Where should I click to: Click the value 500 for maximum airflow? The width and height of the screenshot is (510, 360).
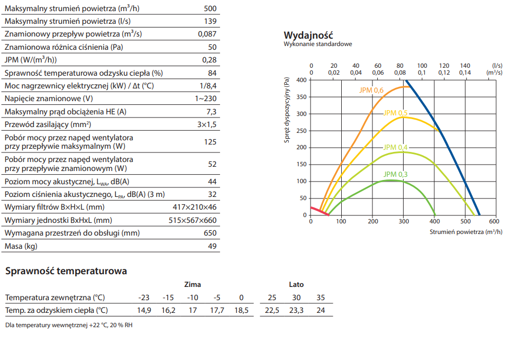point(210,8)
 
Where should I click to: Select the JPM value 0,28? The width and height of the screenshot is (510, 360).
point(210,60)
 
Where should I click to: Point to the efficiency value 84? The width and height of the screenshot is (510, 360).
point(212,73)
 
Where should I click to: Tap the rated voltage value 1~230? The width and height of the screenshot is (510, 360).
point(205,98)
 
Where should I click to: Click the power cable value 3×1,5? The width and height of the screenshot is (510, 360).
point(206,124)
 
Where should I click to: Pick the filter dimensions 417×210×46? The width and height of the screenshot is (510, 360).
point(195,207)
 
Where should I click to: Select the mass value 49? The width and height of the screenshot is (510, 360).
point(212,246)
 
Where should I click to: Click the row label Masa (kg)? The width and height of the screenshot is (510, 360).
point(21,246)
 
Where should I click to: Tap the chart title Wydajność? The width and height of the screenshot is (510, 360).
point(308,35)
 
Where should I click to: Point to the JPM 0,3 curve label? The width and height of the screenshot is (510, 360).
point(396,174)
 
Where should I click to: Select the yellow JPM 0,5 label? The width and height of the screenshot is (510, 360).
point(396,113)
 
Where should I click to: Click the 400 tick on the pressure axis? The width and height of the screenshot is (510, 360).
point(301,80)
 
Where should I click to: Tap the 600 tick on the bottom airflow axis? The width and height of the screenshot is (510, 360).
point(494,221)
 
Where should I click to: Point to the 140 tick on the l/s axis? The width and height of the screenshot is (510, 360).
point(465,65)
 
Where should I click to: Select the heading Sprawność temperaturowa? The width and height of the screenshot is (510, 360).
point(66,271)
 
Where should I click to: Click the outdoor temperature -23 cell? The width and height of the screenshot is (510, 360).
point(144,298)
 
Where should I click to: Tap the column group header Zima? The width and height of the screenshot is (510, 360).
point(192,284)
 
